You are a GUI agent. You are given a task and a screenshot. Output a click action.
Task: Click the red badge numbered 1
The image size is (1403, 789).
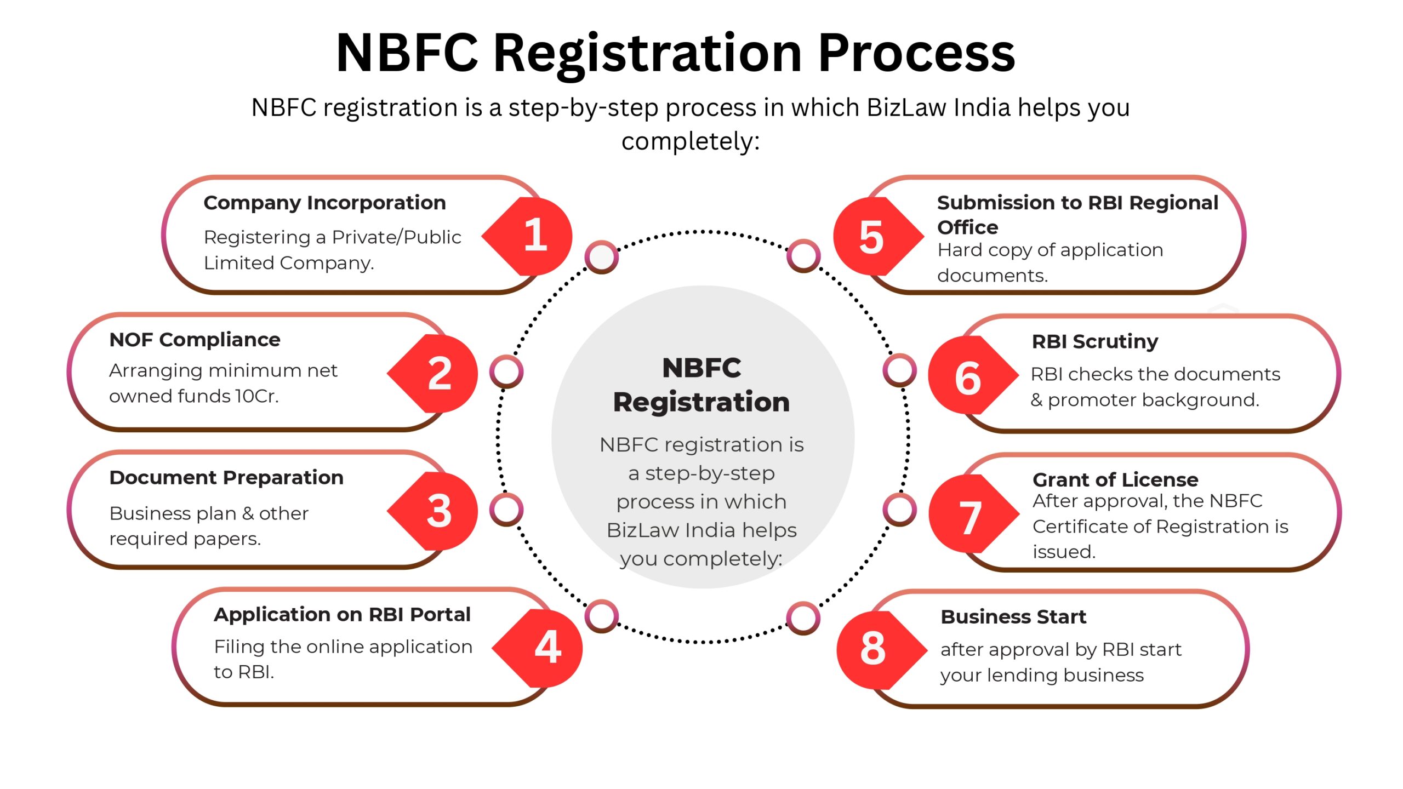531,236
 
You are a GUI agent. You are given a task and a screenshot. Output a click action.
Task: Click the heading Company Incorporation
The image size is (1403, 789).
324,203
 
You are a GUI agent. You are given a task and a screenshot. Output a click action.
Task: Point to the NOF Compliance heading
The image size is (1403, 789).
195,340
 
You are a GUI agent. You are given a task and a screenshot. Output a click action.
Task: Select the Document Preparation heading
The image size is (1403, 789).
226,478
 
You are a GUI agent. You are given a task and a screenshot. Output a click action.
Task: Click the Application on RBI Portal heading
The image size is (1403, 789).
342,615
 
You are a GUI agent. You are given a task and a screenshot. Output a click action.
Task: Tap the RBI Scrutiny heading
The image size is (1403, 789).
1094,341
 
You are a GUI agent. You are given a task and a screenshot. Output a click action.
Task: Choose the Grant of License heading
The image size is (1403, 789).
1115,480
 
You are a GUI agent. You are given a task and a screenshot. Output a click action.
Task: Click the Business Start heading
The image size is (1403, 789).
1013,617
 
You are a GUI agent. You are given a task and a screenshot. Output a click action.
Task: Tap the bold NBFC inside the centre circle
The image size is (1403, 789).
701,368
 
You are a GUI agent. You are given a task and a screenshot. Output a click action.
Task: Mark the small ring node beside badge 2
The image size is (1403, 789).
506,371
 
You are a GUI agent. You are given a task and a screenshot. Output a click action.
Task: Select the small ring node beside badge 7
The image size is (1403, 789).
899,510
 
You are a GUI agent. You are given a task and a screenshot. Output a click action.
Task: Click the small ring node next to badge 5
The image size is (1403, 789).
803,256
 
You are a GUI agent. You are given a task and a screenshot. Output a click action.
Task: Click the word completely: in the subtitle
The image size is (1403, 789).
691,141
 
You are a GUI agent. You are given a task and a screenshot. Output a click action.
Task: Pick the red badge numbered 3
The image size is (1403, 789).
436,511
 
